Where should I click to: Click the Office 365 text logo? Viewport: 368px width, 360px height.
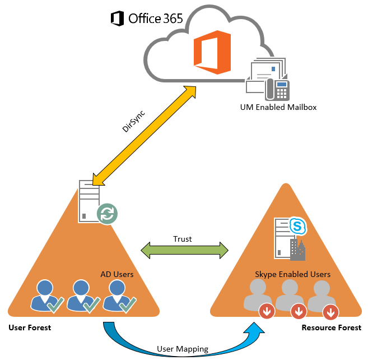[x=147, y=18]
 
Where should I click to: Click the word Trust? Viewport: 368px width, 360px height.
[x=183, y=239]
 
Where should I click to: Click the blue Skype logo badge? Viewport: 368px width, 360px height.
[x=297, y=225]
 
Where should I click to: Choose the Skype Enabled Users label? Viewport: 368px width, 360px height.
[x=292, y=274]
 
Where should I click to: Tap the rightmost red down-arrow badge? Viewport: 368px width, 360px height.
[x=331, y=311]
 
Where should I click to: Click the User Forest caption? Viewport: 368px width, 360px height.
[x=30, y=327]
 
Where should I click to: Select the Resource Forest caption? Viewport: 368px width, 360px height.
[x=331, y=327]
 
